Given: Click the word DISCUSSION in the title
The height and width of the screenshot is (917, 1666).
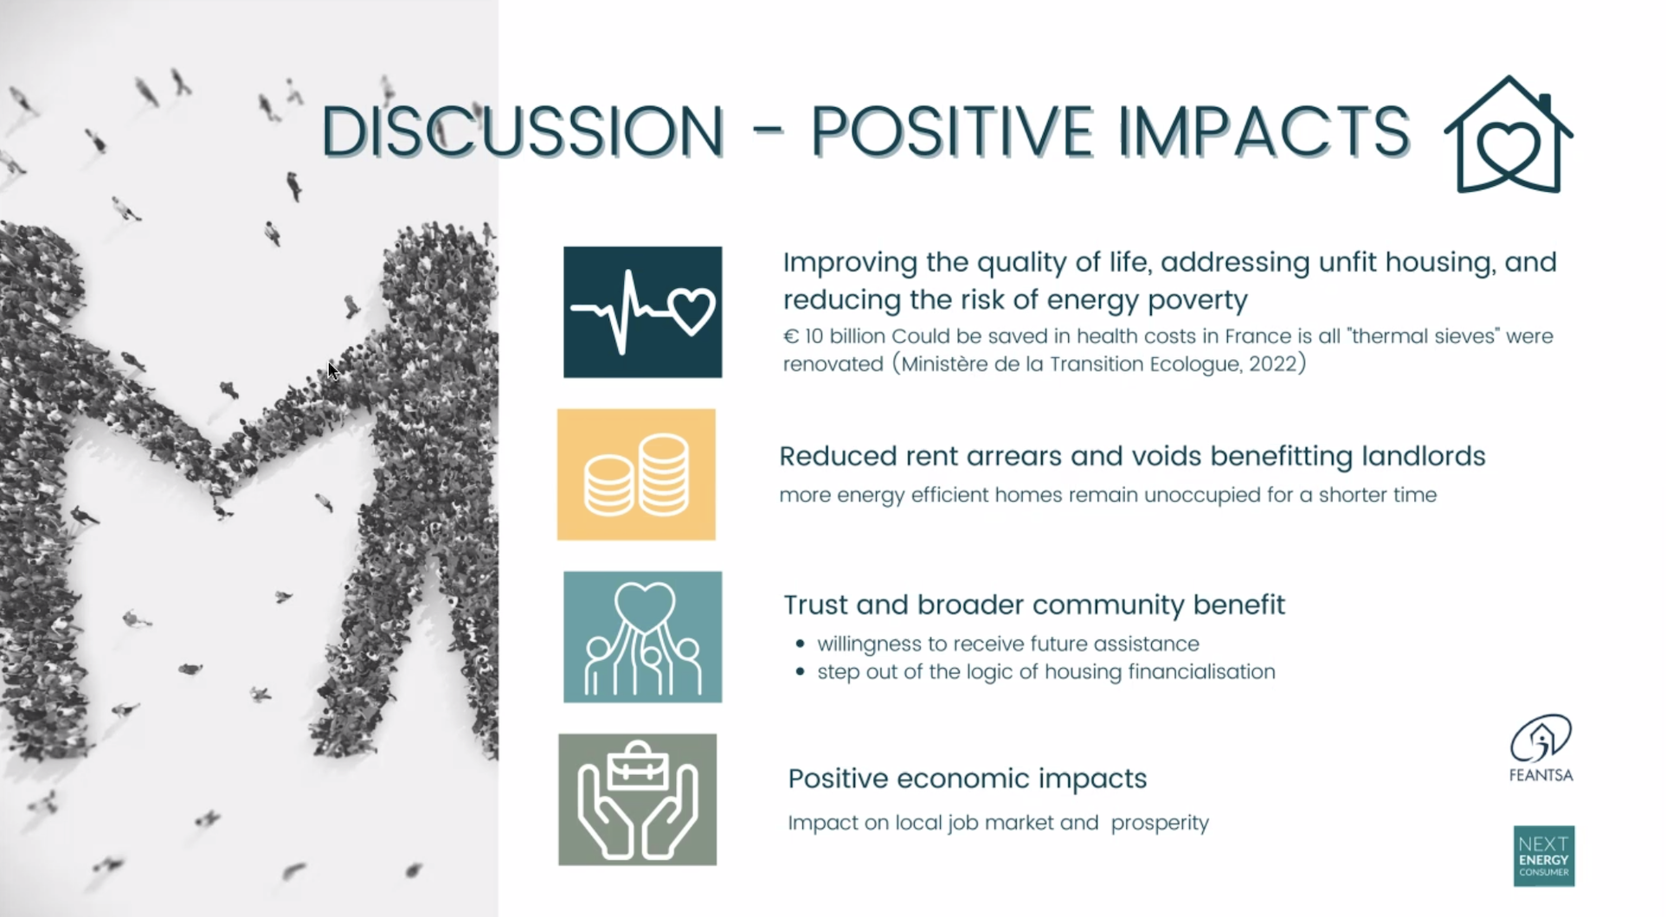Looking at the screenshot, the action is pos(523,131).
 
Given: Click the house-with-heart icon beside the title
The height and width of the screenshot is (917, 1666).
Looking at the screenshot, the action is pos(1508,135).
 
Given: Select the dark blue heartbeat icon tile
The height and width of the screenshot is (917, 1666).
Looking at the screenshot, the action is pos(642,312).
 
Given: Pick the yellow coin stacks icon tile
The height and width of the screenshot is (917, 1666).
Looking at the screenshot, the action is pos(636,474).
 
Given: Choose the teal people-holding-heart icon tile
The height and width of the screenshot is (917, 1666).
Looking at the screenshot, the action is pos(642,637).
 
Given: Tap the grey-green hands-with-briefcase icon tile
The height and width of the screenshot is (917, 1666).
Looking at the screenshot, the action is pos(637,799).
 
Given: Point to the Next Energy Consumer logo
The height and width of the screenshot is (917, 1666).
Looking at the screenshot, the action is pos(1544,856).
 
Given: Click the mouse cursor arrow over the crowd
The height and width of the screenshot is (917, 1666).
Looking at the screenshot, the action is pos(333,371).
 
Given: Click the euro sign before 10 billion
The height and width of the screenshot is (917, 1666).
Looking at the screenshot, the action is pos(790,337).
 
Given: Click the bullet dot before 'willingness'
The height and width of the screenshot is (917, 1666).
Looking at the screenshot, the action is pos(800,644).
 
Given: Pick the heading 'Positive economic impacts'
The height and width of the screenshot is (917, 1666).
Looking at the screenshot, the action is pos(968,779).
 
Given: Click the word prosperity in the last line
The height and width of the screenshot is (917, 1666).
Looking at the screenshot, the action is pos(1160,823).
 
